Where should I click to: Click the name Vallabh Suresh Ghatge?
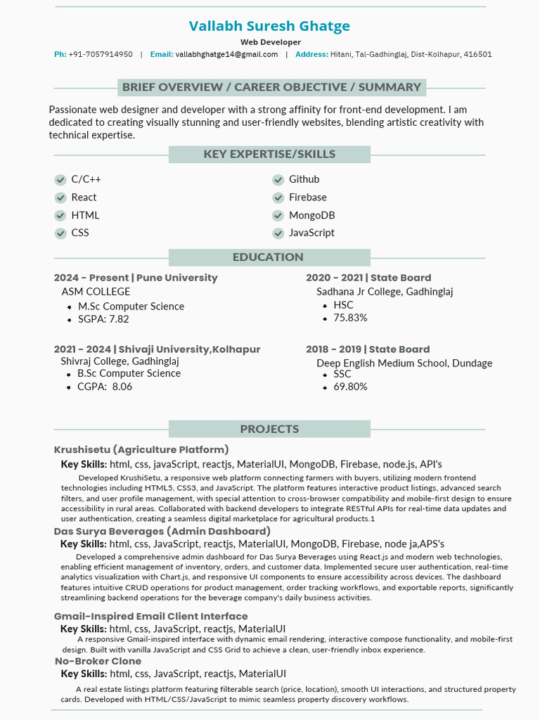pos(269,27)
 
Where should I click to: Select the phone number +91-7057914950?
pos(101,55)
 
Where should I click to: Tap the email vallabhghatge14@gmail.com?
pos(226,55)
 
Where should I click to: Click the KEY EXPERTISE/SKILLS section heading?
pos(269,155)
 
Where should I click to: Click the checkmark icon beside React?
pos(60,198)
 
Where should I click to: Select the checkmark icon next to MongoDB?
pos(278,216)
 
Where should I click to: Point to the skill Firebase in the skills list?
pos(307,198)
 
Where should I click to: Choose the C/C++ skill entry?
pos(86,179)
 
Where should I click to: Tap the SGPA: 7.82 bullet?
pos(103,319)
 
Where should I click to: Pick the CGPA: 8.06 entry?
pos(104,387)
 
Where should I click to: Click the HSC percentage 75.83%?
pos(350,318)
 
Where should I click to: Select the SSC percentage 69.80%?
pos(350,387)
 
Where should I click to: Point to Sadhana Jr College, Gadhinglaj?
pos(385,292)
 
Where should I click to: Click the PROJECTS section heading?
pos(269,430)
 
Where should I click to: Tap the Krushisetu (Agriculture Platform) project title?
pos(141,450)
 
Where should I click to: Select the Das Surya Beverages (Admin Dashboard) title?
pos(162,532)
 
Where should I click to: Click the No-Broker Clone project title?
pos(98,662)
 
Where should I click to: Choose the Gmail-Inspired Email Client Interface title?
pos(150,617)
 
